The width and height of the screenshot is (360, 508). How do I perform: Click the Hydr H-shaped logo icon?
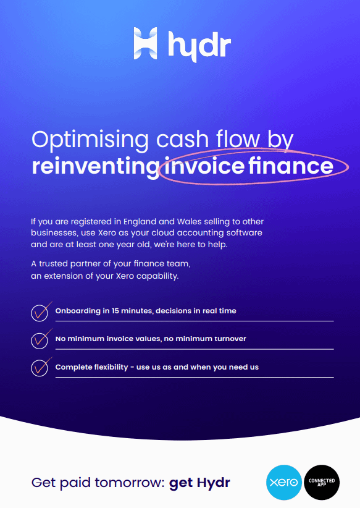[x=145, y=43]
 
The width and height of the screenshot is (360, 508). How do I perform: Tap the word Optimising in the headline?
[x=90, y=140]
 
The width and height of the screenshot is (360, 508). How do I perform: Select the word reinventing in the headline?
[x=96, y=166]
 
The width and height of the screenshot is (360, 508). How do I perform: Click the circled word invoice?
[x=204, y=165]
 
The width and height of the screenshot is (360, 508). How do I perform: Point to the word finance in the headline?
[x=291, y=165]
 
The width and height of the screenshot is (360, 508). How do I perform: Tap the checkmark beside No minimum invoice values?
[x=40, y=340]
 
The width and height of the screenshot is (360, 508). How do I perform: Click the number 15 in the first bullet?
[x=115, y=311]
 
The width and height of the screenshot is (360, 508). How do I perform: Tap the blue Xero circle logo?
[x=284, y=483]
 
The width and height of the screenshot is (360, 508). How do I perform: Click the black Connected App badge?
[x=322, y=483]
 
